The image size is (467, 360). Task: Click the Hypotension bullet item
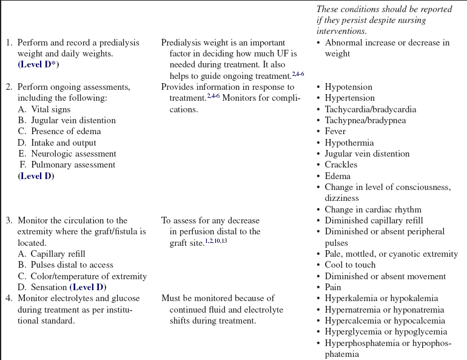tap(348, 87)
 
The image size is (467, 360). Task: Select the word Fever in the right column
tap(335, 131)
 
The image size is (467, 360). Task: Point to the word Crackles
tap(341, 165)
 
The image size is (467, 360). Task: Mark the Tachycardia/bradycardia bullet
tap(366, 109)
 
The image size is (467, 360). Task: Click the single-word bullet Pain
tap(333, 287)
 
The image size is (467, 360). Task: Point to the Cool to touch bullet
tap(350, 265)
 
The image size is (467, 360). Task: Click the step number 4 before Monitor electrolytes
tap(9, 298)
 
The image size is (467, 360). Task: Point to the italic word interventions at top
tap(341, 30)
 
